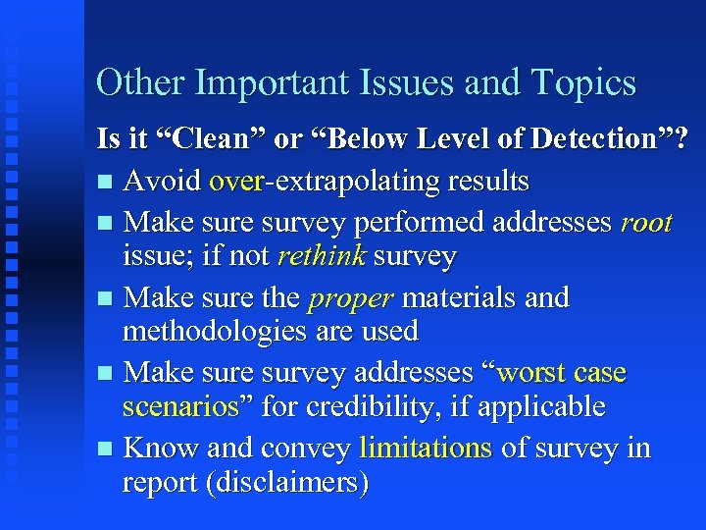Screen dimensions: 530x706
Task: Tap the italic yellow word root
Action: [x=646, y=224]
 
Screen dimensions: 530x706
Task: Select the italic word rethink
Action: [x=321, y=257]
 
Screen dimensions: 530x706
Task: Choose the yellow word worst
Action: [x=536, y=373]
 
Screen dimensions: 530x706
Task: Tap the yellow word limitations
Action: [x=426, y=449]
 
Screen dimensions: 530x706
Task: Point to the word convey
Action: [x=305, y=449]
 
